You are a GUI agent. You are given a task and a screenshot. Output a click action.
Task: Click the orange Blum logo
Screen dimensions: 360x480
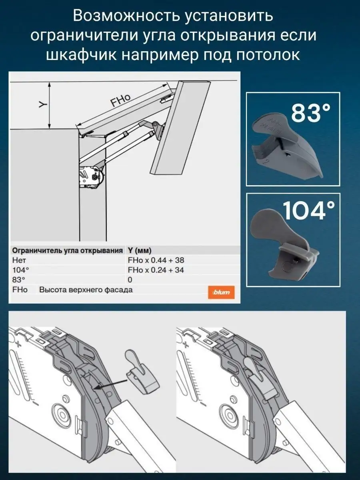coord(221,292)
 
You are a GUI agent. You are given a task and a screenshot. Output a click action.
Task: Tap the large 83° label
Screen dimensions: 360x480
coord(311,113)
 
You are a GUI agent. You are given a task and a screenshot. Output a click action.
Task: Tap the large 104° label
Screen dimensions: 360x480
coord(309,210)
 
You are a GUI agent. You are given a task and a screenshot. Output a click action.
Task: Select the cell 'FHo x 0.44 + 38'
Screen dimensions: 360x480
coord(156,260)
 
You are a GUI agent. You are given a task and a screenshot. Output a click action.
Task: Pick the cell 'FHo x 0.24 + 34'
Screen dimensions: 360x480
coord(156,270)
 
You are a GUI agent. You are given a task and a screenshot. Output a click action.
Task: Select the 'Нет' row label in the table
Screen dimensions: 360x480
coord(19,260)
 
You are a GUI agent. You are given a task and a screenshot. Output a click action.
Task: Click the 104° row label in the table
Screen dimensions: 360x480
coord(20,270)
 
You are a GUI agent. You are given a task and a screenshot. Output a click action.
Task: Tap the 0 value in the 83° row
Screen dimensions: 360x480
coord(130,280)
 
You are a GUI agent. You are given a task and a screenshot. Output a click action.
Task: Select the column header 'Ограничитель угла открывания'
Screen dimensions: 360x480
coord(67,250)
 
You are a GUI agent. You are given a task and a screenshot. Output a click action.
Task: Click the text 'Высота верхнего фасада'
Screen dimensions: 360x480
coord(86,290)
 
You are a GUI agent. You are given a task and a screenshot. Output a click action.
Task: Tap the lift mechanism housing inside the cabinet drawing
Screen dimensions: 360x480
coord(92,177)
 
